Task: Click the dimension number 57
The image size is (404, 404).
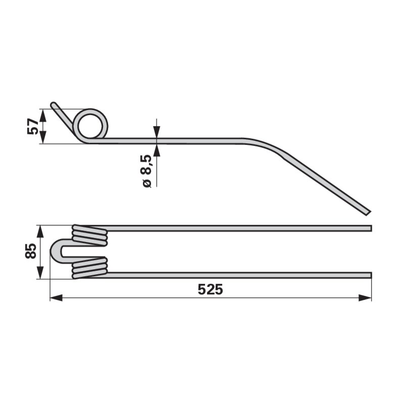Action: pos(33,126)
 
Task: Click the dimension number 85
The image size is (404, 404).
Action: pos(31,251)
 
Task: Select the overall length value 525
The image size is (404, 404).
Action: pos(210,289)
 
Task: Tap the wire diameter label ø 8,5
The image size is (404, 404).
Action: pos(147,171)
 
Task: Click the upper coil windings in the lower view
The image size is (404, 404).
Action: pos(90,235)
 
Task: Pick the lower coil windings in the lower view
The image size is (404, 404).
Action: pos(90,268)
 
